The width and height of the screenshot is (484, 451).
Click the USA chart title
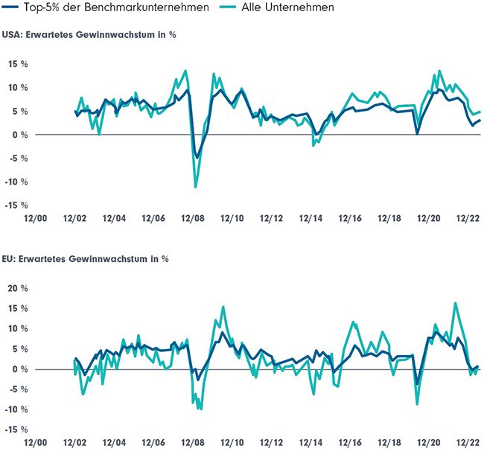89,34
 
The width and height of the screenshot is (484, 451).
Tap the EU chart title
86,259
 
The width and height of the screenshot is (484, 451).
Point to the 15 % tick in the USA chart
18,64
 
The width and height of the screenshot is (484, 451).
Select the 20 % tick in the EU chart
18,288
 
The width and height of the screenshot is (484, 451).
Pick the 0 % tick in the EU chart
21,369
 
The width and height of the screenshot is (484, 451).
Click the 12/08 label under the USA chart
192,219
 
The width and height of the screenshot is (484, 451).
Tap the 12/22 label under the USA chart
468,219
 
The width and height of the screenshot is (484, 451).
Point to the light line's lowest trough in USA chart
196,187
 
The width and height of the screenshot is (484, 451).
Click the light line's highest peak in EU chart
456,303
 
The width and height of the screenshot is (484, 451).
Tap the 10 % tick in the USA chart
18,88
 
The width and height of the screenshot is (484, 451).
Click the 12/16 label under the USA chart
349,219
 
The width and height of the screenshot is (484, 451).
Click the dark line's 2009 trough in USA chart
197,156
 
